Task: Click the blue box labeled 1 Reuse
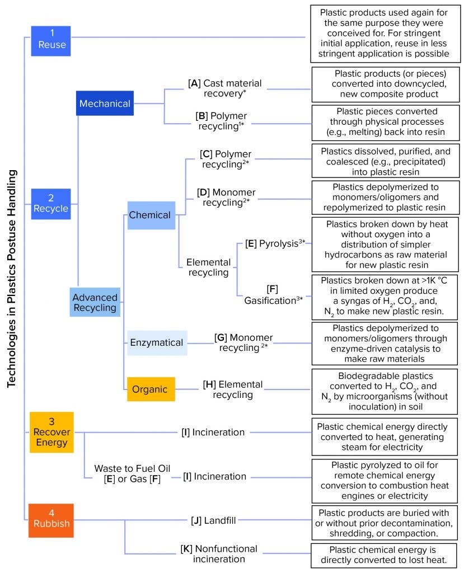[x=51, y=37]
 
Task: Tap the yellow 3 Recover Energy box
[x=51, y=432]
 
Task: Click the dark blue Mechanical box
[x=105, y=104]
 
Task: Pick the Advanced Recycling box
[x=95, y=302]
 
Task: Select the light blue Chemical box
[x=149, y=215]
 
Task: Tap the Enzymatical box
[x=156, y=342]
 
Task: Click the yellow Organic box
[x=151, y=387]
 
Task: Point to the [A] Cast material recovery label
[x=224, y=88]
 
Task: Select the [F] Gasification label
[x=273, y=295]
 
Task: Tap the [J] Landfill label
[x=213, y=520]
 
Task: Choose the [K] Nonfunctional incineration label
[x=218, y=553]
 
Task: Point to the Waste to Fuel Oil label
[x=132, y=473]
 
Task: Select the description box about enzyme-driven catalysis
[x=382, y=343]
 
